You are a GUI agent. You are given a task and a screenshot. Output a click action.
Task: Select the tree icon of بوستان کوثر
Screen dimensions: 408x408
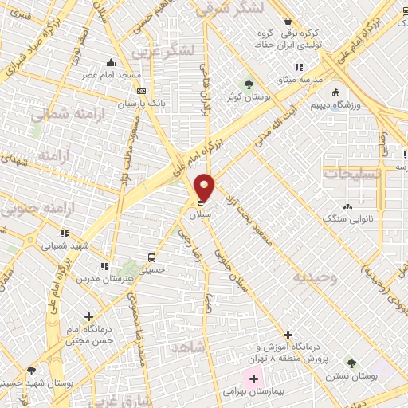point(249,83)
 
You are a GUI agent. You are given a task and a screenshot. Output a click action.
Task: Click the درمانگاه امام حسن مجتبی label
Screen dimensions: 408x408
point(92,334)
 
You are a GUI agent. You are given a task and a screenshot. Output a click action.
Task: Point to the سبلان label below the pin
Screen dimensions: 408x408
point(199,215)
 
